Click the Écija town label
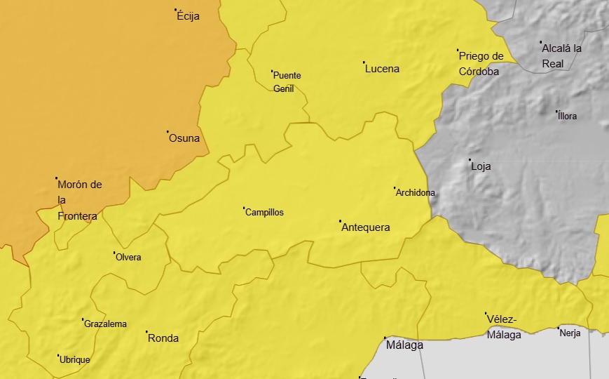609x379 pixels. tap(189, 16)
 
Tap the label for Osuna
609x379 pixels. tap(184, 138)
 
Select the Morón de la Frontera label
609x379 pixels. tap(78, 200)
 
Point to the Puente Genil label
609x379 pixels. tap(287, 82)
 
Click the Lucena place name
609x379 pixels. tap(383, 69)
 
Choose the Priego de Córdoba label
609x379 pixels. tap(481, 64)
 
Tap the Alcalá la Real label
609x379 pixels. tap(562, 55)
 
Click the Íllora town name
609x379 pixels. tap(568, 117)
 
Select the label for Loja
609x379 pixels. tap(481, 166)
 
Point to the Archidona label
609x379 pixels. tap(416, 193)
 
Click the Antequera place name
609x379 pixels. tap(365, 227)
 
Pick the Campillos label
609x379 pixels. tap(265, 213)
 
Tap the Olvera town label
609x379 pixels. tap(128, 258)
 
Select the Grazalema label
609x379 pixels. tap(105, 324)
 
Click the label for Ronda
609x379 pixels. tap(163, 338)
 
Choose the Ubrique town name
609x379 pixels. tap(75, 360)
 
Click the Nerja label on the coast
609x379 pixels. tap(570, 333)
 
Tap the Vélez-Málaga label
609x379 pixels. tap(504, 327)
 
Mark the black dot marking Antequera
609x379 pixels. tap(341, 221)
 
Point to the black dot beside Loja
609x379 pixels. tap(470, 160)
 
